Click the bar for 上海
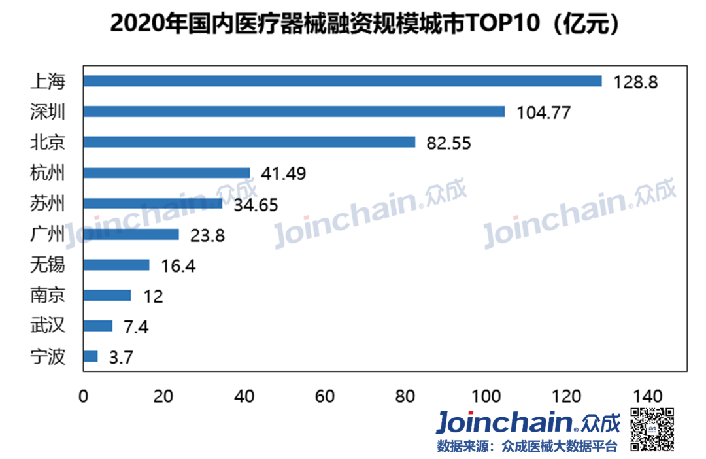(342, 81)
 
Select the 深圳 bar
(294, 112)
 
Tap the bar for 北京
(249, 142)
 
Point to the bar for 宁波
(90, 356)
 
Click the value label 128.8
(635, 82)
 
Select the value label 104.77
(544, 112)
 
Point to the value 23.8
(207, 235)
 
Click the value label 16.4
(177, 266)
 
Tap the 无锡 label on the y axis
(48, 265)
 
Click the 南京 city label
(48, 296)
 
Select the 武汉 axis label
(48, 326)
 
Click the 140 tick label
(647, 396)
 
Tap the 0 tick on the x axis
(83, 396)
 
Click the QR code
(652, 429)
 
